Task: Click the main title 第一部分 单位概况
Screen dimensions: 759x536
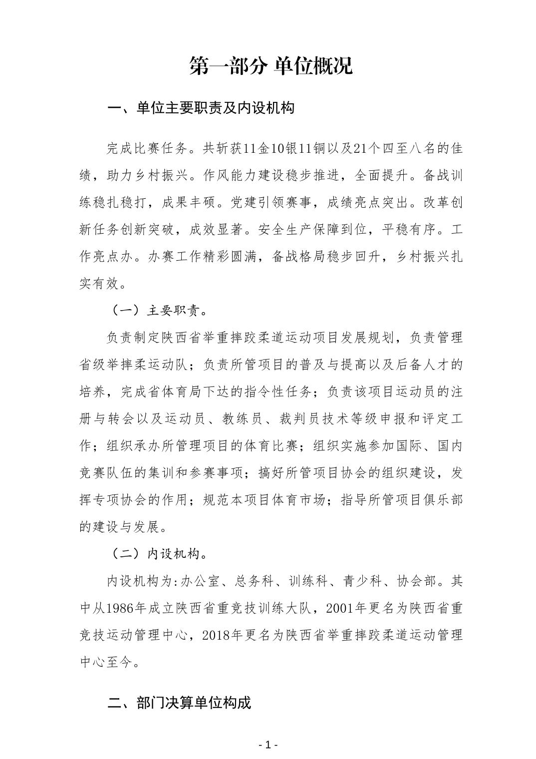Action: (271, 65)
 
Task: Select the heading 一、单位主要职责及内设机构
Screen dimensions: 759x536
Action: (201, 108)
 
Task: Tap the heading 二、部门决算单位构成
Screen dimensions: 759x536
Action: (179, 703)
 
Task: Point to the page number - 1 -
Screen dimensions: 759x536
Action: (268, 745)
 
